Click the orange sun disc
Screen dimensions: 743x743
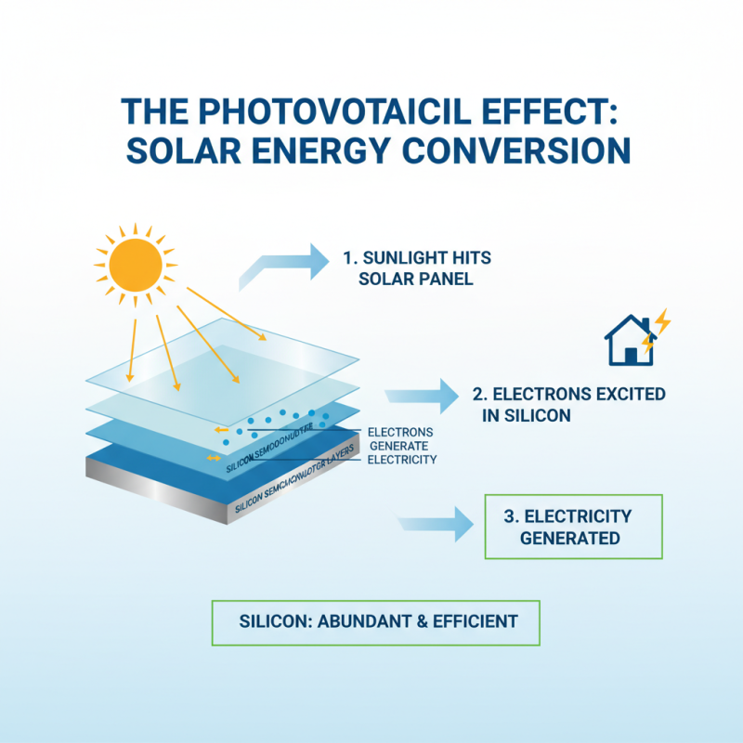click(136, 264)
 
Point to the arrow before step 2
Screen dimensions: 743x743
click(422, 396)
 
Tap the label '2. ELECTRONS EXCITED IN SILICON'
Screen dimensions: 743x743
click(573, 405)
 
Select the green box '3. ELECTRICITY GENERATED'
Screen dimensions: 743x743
click(574, 527)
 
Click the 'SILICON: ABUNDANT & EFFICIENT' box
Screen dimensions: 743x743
click(375, 621)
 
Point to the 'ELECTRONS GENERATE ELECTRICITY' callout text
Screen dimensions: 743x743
click(401, 446)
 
